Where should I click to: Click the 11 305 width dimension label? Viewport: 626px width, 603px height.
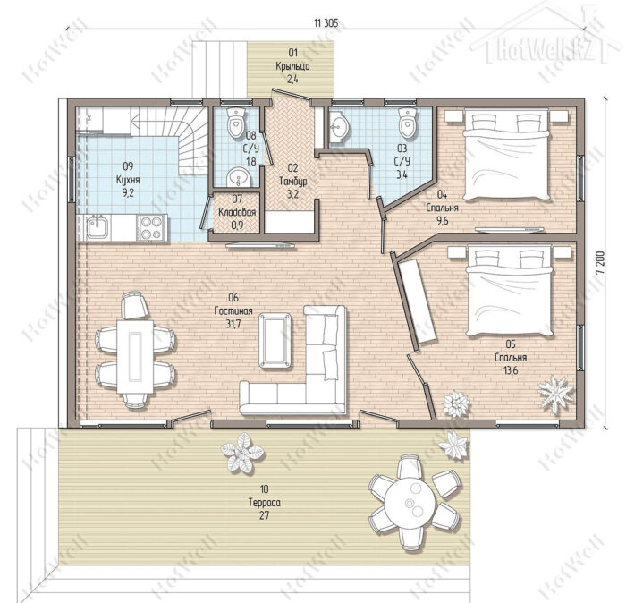(x=326, y=23)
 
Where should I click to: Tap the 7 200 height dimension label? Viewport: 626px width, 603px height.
(x=600, y=263)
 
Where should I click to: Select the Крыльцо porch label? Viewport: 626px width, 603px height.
(x=292, y=66)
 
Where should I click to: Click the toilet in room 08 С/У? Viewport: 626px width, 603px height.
(x=236, y=121)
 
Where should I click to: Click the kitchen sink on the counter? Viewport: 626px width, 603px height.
(x=96, y=226)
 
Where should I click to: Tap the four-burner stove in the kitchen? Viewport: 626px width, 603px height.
(x=151, y=227)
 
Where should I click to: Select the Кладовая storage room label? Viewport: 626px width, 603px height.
(x=237, y=212)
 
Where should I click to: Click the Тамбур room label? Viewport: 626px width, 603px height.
(x=293, y=182)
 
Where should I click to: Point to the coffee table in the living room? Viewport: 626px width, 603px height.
(x=275, y=340)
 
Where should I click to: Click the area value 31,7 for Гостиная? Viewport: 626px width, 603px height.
(x=233, y=324)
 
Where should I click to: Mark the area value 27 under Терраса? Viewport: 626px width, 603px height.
(x=264, y=515)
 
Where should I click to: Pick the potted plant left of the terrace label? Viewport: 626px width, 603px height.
(x=242, y=453)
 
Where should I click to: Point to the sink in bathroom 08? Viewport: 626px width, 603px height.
(x=239, y=177)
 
